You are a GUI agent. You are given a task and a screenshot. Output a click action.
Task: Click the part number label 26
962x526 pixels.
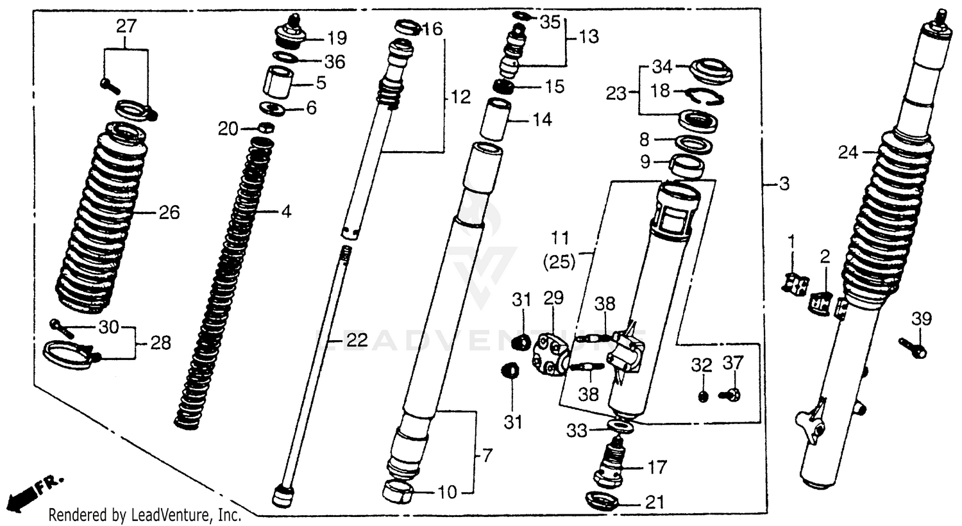coord(169,212)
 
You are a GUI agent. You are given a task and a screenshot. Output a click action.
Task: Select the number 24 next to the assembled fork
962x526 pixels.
coord(848,152)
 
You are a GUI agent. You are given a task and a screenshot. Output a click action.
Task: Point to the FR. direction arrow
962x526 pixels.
coord(32,489)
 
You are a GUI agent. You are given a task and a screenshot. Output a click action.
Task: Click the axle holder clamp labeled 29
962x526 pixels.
coord(550,353)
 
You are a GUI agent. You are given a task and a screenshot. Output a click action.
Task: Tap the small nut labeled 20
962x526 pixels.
coord(269,127)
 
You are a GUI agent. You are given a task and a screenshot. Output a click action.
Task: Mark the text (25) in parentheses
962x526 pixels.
coord(560,262)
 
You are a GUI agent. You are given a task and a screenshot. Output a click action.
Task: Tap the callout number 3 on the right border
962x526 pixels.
coord(784,185)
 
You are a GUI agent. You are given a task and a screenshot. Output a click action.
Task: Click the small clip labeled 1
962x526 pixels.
coord(794,283)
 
